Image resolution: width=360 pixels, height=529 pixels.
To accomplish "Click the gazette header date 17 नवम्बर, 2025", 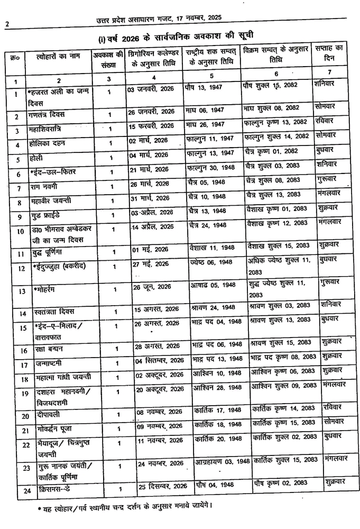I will pos(193,17).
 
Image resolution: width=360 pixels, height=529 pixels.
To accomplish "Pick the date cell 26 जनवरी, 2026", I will pos(151,113).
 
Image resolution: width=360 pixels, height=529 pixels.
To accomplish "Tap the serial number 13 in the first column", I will pos(22,291).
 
